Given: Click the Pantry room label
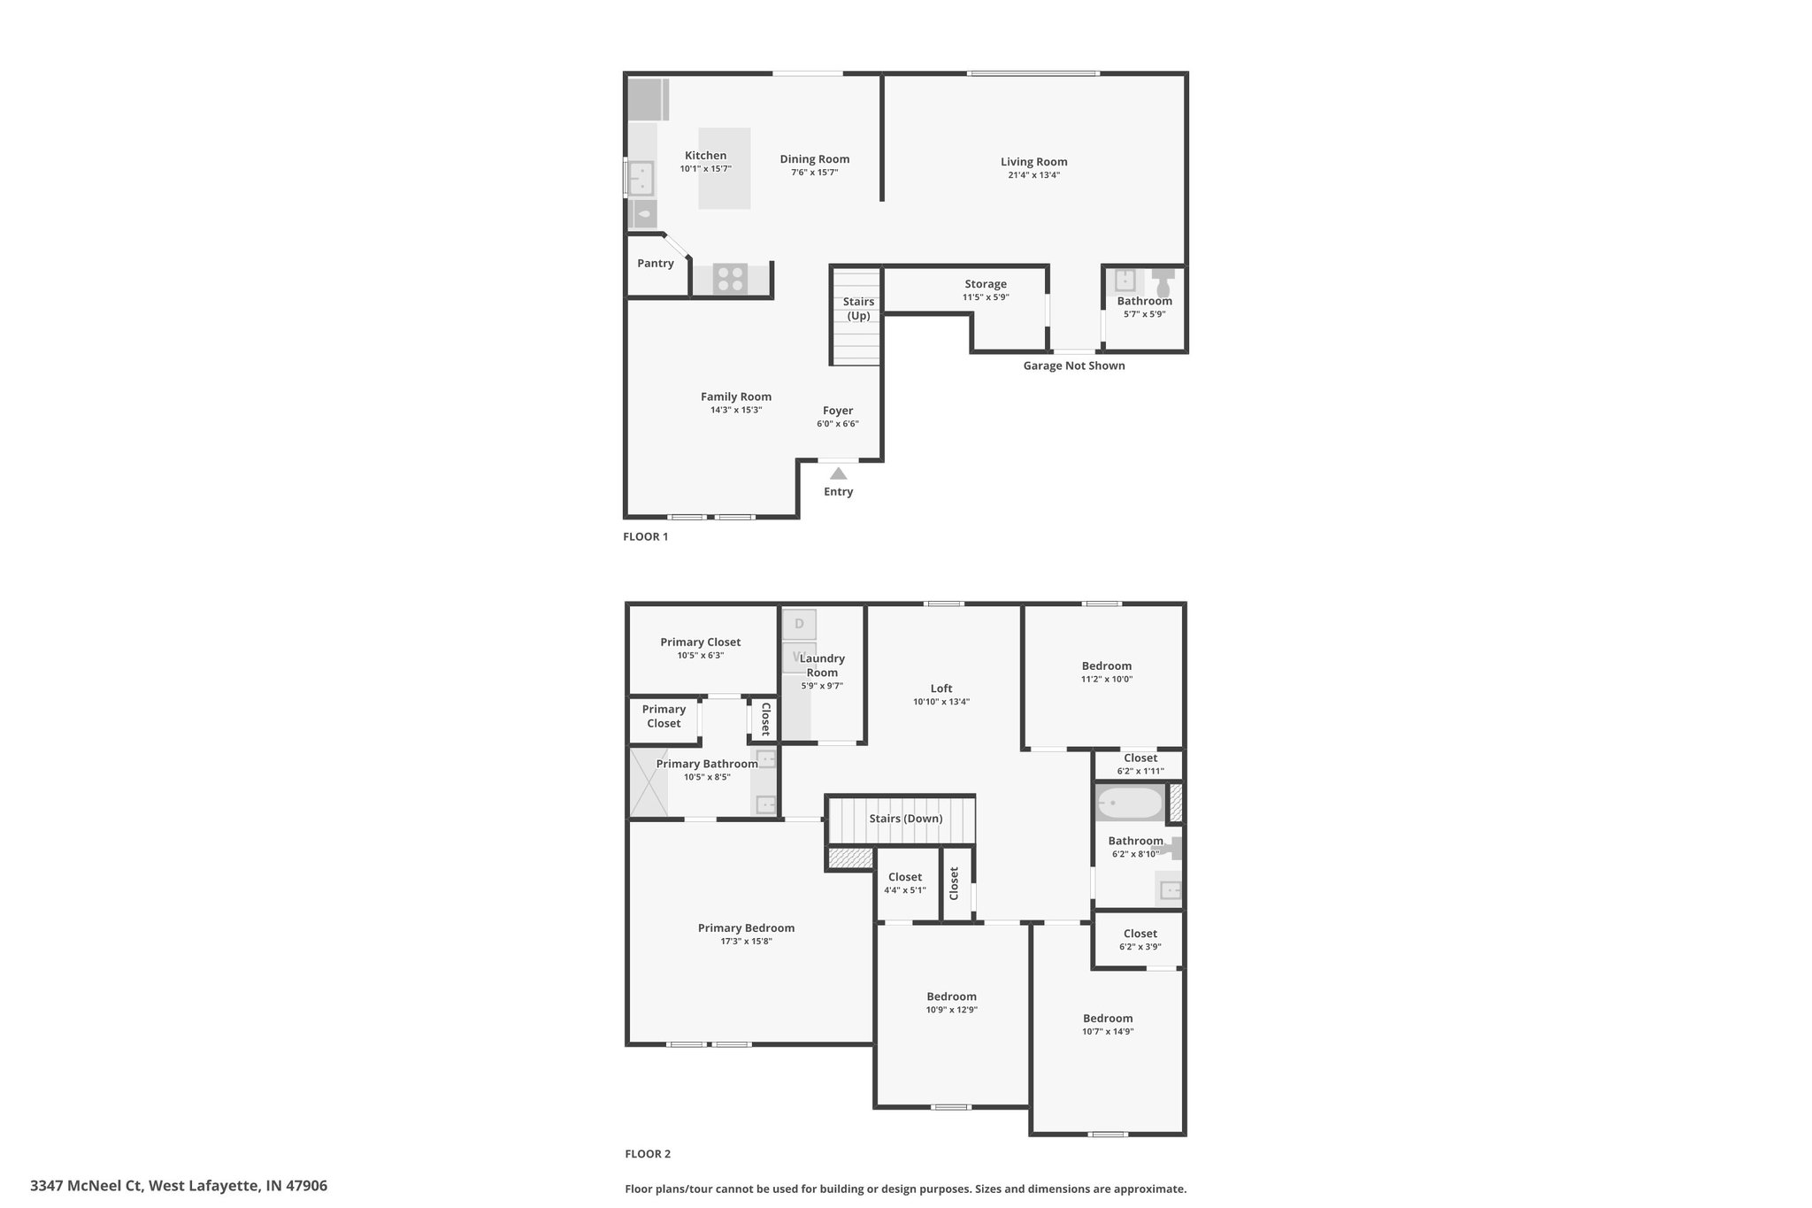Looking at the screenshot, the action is (x=656, y=263).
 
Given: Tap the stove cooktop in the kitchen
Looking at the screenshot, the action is (x=730, y=279).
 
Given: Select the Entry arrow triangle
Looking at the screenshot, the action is (x=838, y=473).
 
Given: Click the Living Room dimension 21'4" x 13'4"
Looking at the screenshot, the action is (x=1033, y=175).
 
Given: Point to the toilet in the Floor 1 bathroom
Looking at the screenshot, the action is (x=1163, y=283).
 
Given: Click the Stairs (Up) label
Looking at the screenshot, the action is (x=858, y=309).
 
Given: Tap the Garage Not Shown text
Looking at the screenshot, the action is (x=1074, y=365).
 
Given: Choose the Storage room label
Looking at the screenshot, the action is (x=986, y=284).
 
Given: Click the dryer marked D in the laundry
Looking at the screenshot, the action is (x=799, y=624).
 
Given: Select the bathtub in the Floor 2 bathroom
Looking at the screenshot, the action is (x=1130, y=804).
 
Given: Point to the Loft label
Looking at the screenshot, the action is (x=941, y=689).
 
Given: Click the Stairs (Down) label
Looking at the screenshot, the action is (x=905, y=819).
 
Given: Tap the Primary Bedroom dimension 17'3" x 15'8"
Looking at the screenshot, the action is (x=746, y=942).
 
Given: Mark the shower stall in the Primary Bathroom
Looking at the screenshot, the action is (x=648, y=782).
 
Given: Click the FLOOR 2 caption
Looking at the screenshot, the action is (x=648, y=1154).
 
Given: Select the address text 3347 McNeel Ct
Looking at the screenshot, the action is (x=86, y=1186).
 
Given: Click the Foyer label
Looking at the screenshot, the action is (x=838, y=411).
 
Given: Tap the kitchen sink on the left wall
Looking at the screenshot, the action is (x=640, y=178).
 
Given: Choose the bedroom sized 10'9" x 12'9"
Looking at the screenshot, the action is (x=952, y=1014).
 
